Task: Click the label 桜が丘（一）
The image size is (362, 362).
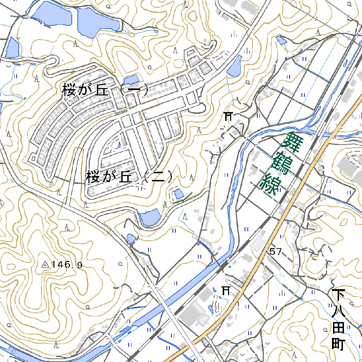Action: click(x=105, y=89)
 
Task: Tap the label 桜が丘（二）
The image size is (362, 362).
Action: click(x=129, y=177)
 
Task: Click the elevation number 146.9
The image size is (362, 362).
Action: click(x=66, y=264)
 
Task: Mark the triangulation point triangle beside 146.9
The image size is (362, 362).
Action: click(x=45, y=264)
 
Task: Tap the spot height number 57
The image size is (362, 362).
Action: click(x=275, y=252)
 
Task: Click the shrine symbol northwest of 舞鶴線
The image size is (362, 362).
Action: click(x=229, y=116)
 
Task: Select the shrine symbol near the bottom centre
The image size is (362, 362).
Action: click(x=226, y=290)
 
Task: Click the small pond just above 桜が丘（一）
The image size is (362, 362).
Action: click(x=132, y=80)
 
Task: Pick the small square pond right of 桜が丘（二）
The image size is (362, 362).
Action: click(x=179, y=194)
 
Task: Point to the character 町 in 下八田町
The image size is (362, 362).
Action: click(x=338, y=344)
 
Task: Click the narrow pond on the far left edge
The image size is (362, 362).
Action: click(x=12, y=47)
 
